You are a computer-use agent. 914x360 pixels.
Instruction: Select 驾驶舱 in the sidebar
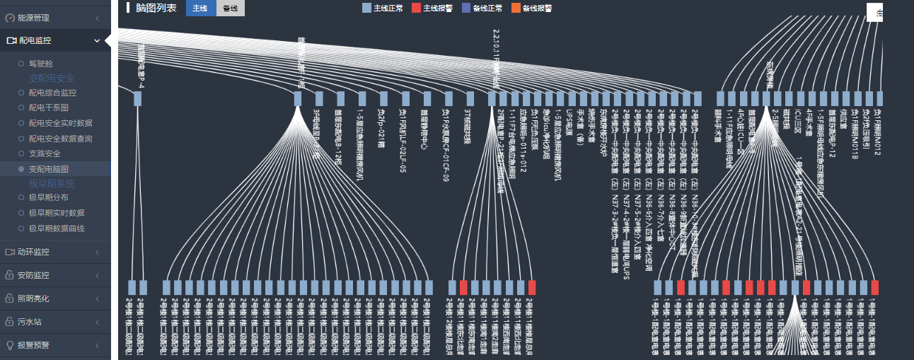point(40,64)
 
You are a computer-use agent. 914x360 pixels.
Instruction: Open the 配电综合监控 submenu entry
point(52,93)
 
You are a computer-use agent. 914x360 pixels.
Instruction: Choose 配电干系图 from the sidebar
point(48,108)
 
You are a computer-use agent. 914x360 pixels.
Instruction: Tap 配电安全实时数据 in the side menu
point(60,123)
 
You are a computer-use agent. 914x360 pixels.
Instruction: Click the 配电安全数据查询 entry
point(60,139)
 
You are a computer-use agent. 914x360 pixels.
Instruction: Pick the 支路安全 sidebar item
point(44,153)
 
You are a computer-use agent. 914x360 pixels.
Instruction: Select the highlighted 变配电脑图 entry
point(48,169)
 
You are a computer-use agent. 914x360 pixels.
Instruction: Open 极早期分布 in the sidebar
point(48,197)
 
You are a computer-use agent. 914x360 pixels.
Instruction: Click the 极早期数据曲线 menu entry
point(56,228)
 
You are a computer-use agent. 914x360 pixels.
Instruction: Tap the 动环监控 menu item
point(33,252)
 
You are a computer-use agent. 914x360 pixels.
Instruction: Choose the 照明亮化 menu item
point(33,298)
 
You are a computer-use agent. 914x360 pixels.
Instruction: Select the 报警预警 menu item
point(33,345)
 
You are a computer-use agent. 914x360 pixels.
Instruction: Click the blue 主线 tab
point(201,8)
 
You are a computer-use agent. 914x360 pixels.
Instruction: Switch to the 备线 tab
point(231,8)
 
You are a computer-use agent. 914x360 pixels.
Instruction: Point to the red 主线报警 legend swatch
point(416,8)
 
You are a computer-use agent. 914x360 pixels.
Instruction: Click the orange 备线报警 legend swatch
point(516,8)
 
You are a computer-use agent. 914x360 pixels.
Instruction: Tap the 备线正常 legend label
point(487,8)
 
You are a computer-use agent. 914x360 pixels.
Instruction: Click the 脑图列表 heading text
point(156,8)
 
